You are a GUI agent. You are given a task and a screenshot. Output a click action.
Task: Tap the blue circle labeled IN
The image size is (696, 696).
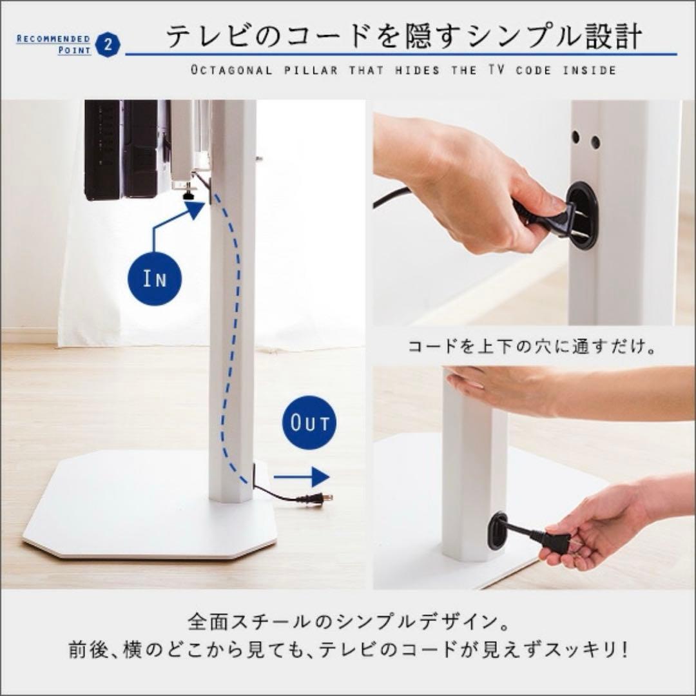(155, 279)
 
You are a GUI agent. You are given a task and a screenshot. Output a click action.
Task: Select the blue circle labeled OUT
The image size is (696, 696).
(309, 423)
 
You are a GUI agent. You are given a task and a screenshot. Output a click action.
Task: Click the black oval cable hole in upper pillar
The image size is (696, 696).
(581, 215)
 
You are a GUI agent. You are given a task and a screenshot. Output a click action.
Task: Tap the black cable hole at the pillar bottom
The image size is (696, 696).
(497, 530)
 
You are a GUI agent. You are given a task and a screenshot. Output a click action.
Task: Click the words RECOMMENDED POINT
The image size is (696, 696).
(54, 44)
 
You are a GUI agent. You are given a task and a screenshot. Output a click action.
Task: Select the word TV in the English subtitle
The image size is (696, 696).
(492, 70)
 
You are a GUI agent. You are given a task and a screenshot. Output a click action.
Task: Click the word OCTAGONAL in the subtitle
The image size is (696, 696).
(231, 70)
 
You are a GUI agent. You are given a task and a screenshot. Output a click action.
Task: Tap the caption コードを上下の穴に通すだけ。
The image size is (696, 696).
(532, 347)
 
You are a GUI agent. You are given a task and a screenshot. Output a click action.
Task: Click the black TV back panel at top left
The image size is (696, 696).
(122, 148)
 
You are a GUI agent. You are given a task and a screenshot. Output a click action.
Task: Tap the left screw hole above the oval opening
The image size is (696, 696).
(575, 137)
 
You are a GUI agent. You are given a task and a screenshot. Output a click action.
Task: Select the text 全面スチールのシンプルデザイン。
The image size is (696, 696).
(348, 623)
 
